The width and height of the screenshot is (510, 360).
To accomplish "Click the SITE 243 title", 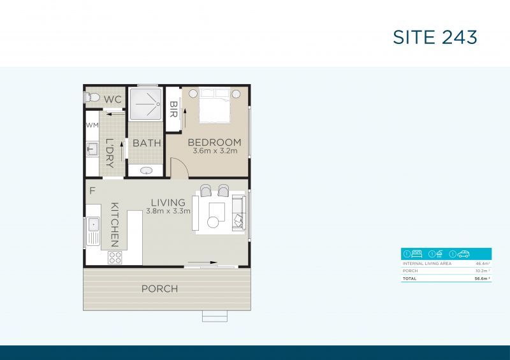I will pyautogui.click(x=435, y=37).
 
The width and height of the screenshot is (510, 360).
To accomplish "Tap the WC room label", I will pyautogui.click(x=113, y=99).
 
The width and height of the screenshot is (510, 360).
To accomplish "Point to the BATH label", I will pyautogui.click(x=147, y=143).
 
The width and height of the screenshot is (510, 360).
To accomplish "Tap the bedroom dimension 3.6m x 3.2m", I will pyautogui.click(x=215, y=151).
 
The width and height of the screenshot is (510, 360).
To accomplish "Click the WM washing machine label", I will pyautogui.click(x=92, y=126).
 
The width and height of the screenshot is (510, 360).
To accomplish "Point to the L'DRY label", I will pyautogui.click(x=109, y=153).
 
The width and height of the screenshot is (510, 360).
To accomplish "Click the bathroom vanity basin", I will pyautogui.click(x=147, y=171).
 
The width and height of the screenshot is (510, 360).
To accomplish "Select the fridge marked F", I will pyautogui.click(x=92, y=190).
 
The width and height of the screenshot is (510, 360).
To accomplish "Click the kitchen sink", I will pyautogui.click(x=93, y=224).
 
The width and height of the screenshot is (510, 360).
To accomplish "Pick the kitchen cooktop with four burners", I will pyautogui.click(x=115, y=257).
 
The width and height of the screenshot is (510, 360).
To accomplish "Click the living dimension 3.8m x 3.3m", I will pyautogui.click(x=168, y=211).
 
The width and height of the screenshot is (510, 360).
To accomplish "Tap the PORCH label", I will pyautogui.click(x=159, y=289).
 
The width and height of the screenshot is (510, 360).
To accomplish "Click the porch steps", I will pyautogui.click(x=214, y=316).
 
